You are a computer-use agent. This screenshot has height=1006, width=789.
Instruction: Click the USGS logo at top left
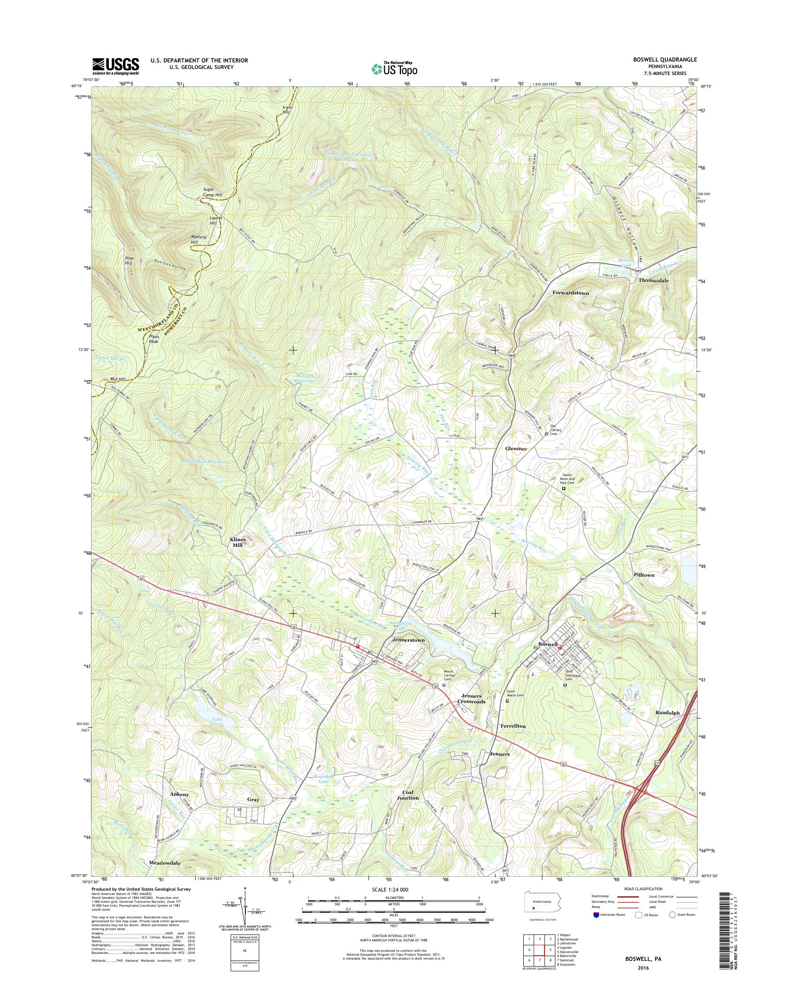click(x=115, y=66)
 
